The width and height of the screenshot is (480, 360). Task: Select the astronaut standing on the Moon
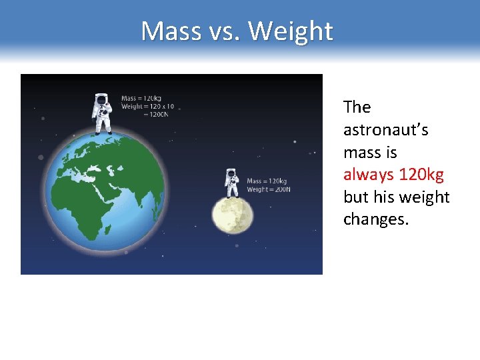tap(231, 183)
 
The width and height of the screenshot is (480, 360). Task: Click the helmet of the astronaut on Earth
tap(102, 101)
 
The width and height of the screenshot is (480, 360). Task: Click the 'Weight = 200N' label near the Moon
tap(268, 189)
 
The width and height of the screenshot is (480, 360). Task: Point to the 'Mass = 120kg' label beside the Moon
tap(267, 181)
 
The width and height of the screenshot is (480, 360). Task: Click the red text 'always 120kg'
tap(393, 175)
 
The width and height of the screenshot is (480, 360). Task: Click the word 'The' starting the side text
tap(357, 107)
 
